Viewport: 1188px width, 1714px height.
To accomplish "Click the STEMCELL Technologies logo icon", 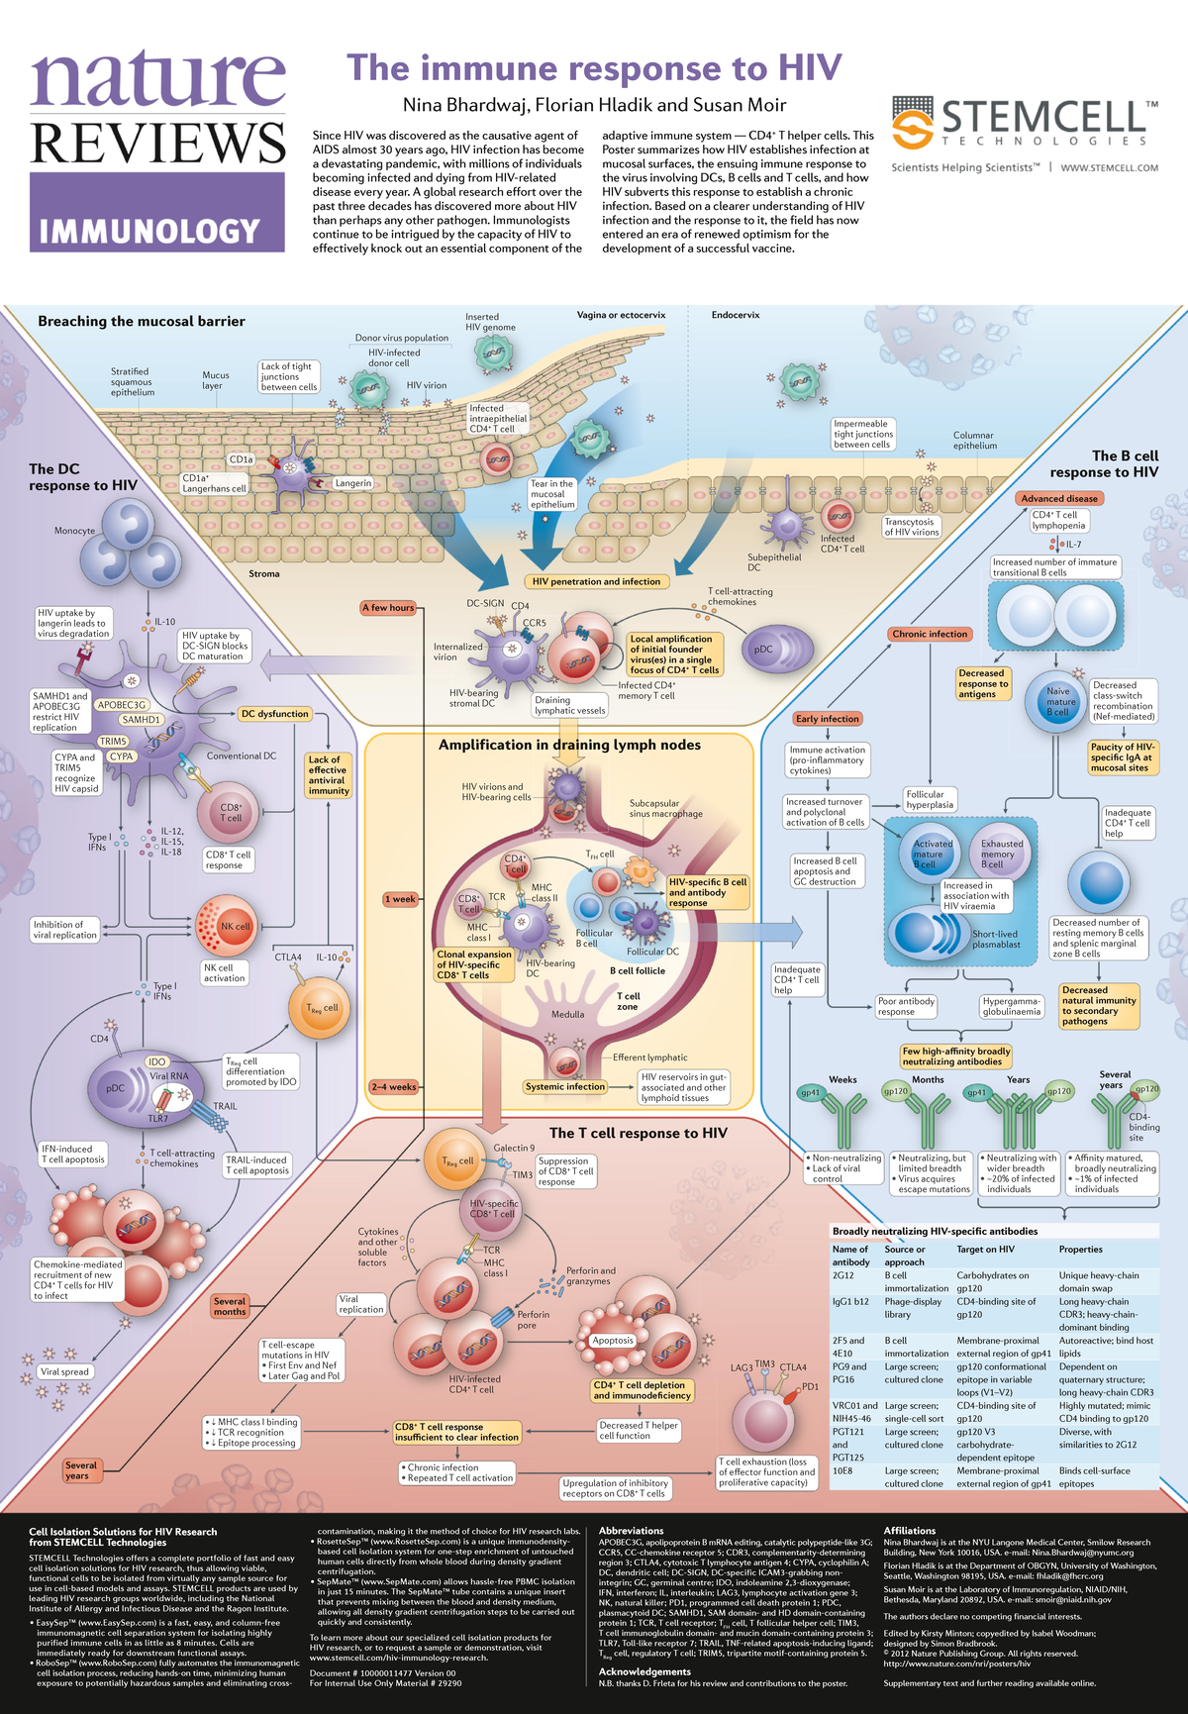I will (x=912, y=126).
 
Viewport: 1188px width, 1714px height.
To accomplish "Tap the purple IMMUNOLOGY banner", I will (x=157, y=231).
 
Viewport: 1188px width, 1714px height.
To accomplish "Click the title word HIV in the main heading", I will (x=809, y=68).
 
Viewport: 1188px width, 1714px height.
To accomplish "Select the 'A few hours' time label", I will (x=388, y=607).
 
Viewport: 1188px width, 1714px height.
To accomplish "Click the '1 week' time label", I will (x=401, y=899).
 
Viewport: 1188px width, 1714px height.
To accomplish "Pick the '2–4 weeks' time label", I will (x=394, y=1086).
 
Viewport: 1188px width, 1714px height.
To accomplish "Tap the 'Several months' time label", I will (x=230, y=1306).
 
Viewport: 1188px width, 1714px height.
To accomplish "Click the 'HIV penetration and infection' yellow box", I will (x=596, y=581).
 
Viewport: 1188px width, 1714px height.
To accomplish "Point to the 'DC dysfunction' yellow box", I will (x=275, y=713).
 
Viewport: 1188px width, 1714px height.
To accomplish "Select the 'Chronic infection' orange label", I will (x=930, y=634).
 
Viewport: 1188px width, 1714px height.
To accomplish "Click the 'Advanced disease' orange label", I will (x=1059, y=498).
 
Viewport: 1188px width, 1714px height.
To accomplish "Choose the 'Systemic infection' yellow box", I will (x=565, y=1086).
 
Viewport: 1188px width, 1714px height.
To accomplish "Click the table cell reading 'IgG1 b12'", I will (x=850, y=1301).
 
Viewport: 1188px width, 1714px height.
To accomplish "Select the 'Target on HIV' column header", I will (x=985, y=1249).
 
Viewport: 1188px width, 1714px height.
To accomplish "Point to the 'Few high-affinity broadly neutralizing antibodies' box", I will (x=956, y=1056).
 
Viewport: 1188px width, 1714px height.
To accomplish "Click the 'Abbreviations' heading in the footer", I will (x=631, y=1530).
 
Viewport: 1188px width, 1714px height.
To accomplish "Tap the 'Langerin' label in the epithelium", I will (x=353, y=483).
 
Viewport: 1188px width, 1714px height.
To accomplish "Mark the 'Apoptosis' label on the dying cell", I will (x=613, y=1340).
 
